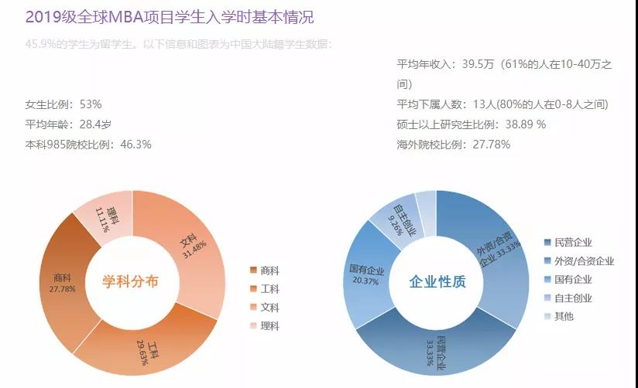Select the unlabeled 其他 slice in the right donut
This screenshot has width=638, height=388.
coord(427,203)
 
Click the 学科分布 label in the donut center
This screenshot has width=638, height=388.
coord(131,282)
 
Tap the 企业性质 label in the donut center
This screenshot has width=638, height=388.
coord(437,282)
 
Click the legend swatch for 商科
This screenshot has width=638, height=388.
coord(253,271)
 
